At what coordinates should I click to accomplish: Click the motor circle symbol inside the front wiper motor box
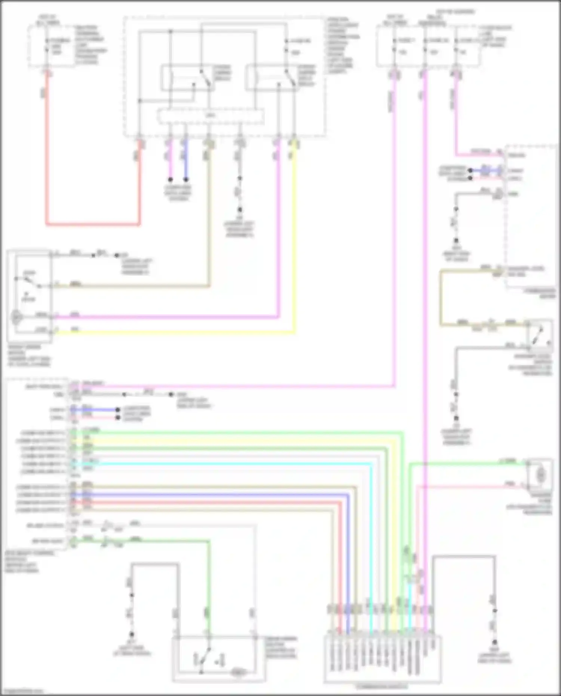tap(16, 318)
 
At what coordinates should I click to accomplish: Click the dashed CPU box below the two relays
tap(211, 116)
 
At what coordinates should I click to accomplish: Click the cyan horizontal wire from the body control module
tap(224, 464)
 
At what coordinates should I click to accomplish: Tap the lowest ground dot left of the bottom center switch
tap(132, 634)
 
